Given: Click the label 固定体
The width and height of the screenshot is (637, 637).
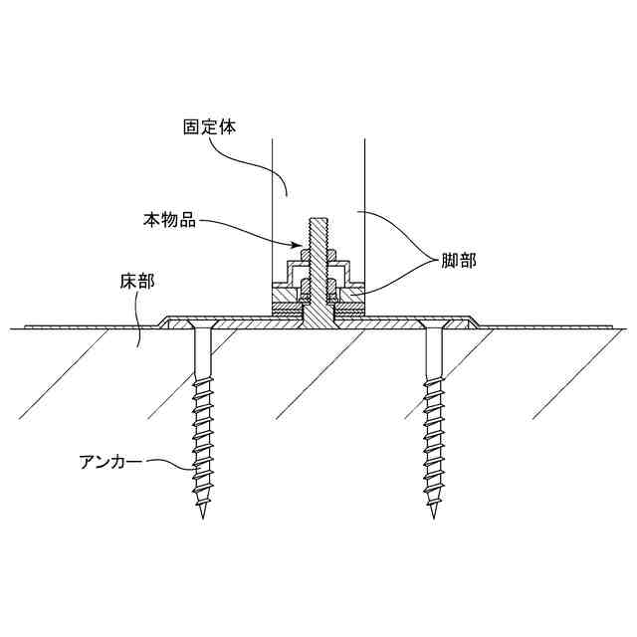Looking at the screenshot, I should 209,128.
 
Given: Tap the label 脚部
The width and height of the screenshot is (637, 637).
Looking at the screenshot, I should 459,261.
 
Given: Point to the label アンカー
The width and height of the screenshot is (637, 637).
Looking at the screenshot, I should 110,462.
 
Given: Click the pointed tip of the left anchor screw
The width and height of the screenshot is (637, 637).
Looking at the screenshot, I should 204,517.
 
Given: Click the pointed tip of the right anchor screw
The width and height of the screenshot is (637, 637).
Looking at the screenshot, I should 434,517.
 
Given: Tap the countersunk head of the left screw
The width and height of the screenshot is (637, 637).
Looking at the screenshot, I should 204,329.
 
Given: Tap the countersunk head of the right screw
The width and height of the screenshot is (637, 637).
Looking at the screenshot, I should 434,329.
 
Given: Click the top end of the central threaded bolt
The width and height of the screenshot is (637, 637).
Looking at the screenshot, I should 318,218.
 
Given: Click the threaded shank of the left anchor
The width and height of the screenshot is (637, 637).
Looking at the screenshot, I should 204,438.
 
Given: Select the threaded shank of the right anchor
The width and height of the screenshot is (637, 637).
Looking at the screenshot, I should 434,438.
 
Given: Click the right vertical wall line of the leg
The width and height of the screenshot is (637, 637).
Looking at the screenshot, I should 365,199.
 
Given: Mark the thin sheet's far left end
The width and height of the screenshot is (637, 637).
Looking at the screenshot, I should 24,325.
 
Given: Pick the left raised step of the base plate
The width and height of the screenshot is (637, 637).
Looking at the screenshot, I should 163,320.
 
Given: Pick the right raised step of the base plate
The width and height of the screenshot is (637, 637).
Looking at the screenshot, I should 475,320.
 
